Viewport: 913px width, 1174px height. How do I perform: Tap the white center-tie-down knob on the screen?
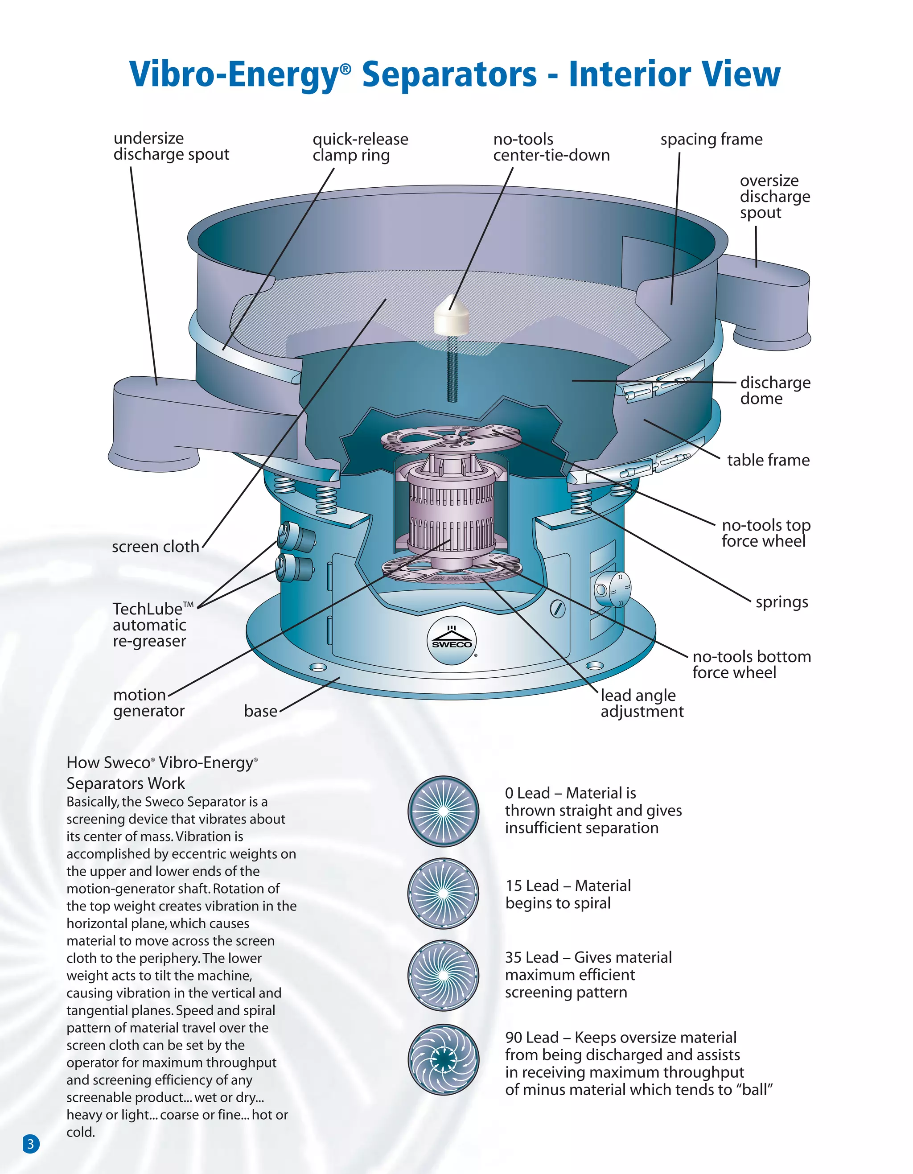point(452,317)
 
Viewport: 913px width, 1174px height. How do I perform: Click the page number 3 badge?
point(31,1143)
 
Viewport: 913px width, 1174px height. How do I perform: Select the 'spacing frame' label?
point(711,139)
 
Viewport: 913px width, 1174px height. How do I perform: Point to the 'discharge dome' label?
point(774,390)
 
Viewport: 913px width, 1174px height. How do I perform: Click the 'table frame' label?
point(768,460)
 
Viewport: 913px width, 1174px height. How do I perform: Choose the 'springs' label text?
point(781,602)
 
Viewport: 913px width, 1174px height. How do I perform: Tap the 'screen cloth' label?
point(155,547)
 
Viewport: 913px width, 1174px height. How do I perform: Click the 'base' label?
point(261,711)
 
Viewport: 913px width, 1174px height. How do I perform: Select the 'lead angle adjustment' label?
point(642,703)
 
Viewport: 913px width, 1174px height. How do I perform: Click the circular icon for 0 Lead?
point(443,811)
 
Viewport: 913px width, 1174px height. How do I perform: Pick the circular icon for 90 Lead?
point(443,1059)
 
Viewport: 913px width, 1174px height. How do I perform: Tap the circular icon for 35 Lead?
point(443,975)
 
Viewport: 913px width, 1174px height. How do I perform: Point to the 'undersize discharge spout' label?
point(171,146)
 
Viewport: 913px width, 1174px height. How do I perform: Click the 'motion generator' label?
point(148,703)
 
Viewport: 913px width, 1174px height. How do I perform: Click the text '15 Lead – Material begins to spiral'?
point(568,894)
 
